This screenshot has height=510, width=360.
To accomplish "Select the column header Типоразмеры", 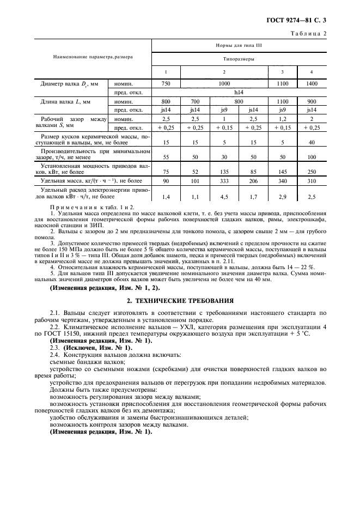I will [x=239, y=59].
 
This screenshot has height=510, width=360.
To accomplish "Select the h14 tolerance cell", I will [x=239, y=93].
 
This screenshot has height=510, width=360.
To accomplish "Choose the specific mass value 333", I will [x=224, y=180].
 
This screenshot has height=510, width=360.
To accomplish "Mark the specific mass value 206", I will [x=253, y=180].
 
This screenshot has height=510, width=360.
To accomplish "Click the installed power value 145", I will [x=282, y=170].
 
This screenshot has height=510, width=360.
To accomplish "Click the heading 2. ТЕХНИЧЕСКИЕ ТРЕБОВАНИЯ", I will [x=180, y=300].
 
